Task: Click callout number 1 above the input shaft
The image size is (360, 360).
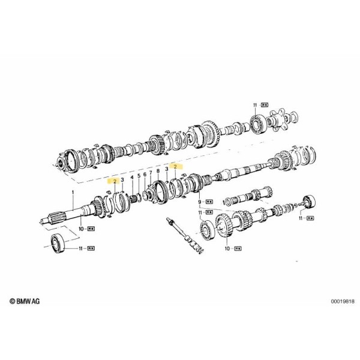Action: coord(73,193)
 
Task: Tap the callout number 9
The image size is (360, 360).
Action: coord(199,203)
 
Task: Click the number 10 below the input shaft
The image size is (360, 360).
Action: coord(81,229)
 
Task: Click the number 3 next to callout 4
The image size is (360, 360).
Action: coord(123,178)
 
